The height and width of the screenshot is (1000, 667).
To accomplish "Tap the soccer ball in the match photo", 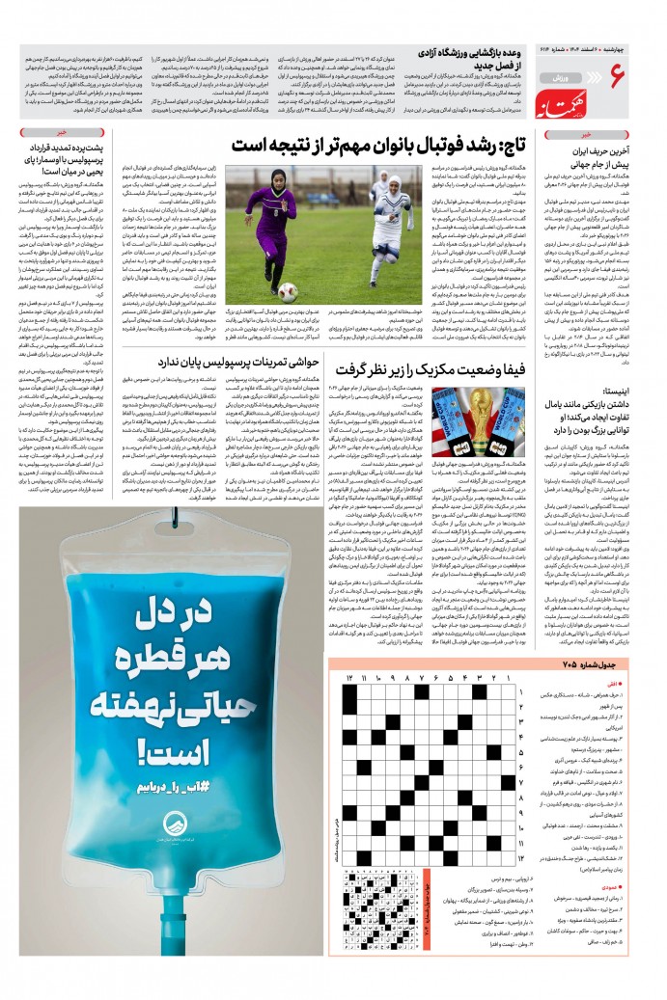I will tap(288, 290).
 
